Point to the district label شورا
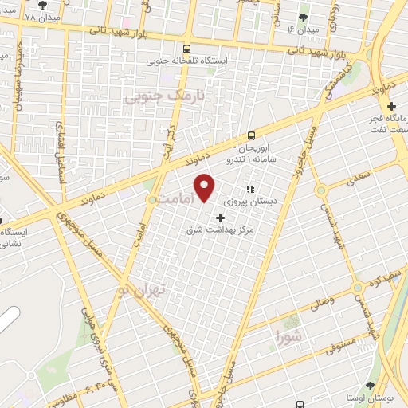click(x=288, y=335)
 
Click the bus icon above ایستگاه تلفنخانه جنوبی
click(x=186, y=49)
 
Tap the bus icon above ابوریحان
click(x=252, y=135)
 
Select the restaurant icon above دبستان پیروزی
click(x=249, y=190)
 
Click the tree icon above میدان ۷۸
click(x=42, y=6)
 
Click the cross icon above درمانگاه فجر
click(x=390, y=107)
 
